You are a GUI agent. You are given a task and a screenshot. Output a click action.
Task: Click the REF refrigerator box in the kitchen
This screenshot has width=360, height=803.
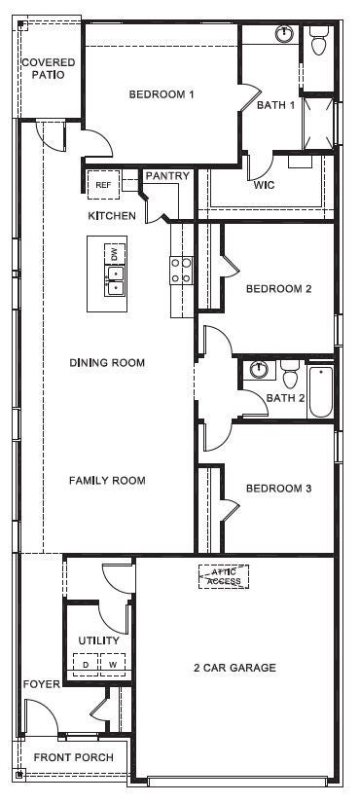coord(103,183)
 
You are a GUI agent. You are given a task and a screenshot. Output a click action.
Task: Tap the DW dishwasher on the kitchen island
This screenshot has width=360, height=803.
coord(115,254)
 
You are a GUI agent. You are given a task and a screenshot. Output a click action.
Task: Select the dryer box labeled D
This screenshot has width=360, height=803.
coord(86,665)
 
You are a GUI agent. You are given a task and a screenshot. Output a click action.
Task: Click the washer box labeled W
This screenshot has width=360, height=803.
coord(112,665)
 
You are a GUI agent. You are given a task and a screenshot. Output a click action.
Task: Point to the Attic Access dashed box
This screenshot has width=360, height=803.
coord(224,577)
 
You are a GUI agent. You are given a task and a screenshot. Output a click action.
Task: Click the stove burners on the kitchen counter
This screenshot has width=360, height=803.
coord(181,270)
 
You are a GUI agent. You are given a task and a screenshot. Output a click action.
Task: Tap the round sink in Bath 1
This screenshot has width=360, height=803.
coord(283,34)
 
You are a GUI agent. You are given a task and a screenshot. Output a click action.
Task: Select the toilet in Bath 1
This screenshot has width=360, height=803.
coord(318,42)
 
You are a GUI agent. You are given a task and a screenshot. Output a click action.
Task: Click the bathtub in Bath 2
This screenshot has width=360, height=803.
coord(321,391)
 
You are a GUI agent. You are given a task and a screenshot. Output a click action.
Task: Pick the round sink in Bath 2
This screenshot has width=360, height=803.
coord(259,370)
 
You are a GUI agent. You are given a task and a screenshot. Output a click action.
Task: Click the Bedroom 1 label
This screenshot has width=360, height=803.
coord(162,94)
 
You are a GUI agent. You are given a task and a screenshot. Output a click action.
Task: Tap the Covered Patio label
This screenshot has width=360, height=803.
coord(48,68)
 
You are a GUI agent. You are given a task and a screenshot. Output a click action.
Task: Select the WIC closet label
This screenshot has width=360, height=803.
coord(265,184)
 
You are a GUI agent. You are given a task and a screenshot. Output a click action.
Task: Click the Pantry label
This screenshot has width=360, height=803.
coord(166,176)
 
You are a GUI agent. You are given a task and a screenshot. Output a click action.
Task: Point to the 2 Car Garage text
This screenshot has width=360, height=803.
coord(234,668)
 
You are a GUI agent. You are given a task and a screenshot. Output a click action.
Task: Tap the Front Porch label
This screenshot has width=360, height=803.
coord(73,757)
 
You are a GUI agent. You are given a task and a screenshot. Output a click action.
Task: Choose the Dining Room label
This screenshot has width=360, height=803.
coord(107,363)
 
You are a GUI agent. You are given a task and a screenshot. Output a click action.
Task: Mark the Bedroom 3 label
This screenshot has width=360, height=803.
coord(278,489)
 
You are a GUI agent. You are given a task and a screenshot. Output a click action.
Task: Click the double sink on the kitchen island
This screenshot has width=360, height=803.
coord(115,281)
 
